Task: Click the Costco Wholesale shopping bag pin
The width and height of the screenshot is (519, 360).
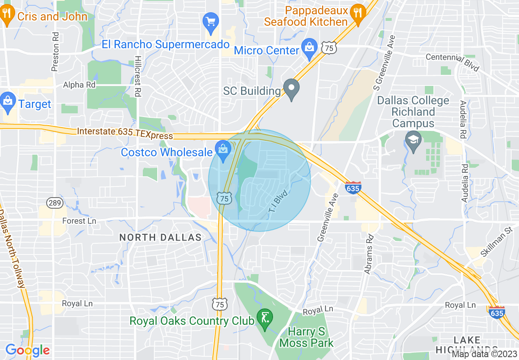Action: click(223, 150)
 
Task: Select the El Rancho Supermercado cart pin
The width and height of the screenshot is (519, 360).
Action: click(211, 22)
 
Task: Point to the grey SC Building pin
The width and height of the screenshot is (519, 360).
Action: click(291, 89)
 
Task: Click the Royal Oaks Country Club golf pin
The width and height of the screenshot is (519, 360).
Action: click(264, 319)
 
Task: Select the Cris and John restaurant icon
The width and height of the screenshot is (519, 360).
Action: click(6, 15)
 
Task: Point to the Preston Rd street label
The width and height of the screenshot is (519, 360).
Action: click(56, 52)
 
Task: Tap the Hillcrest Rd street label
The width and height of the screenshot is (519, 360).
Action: click(138, 76)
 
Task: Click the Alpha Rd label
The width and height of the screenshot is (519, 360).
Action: click(79, 85)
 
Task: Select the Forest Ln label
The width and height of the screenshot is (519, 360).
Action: click(79, 221)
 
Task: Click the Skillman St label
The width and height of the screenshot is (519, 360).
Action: click(496, 242)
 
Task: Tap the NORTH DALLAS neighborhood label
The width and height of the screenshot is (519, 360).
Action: click(160, 237)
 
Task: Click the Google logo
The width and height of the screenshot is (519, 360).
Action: click(28, 350)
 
